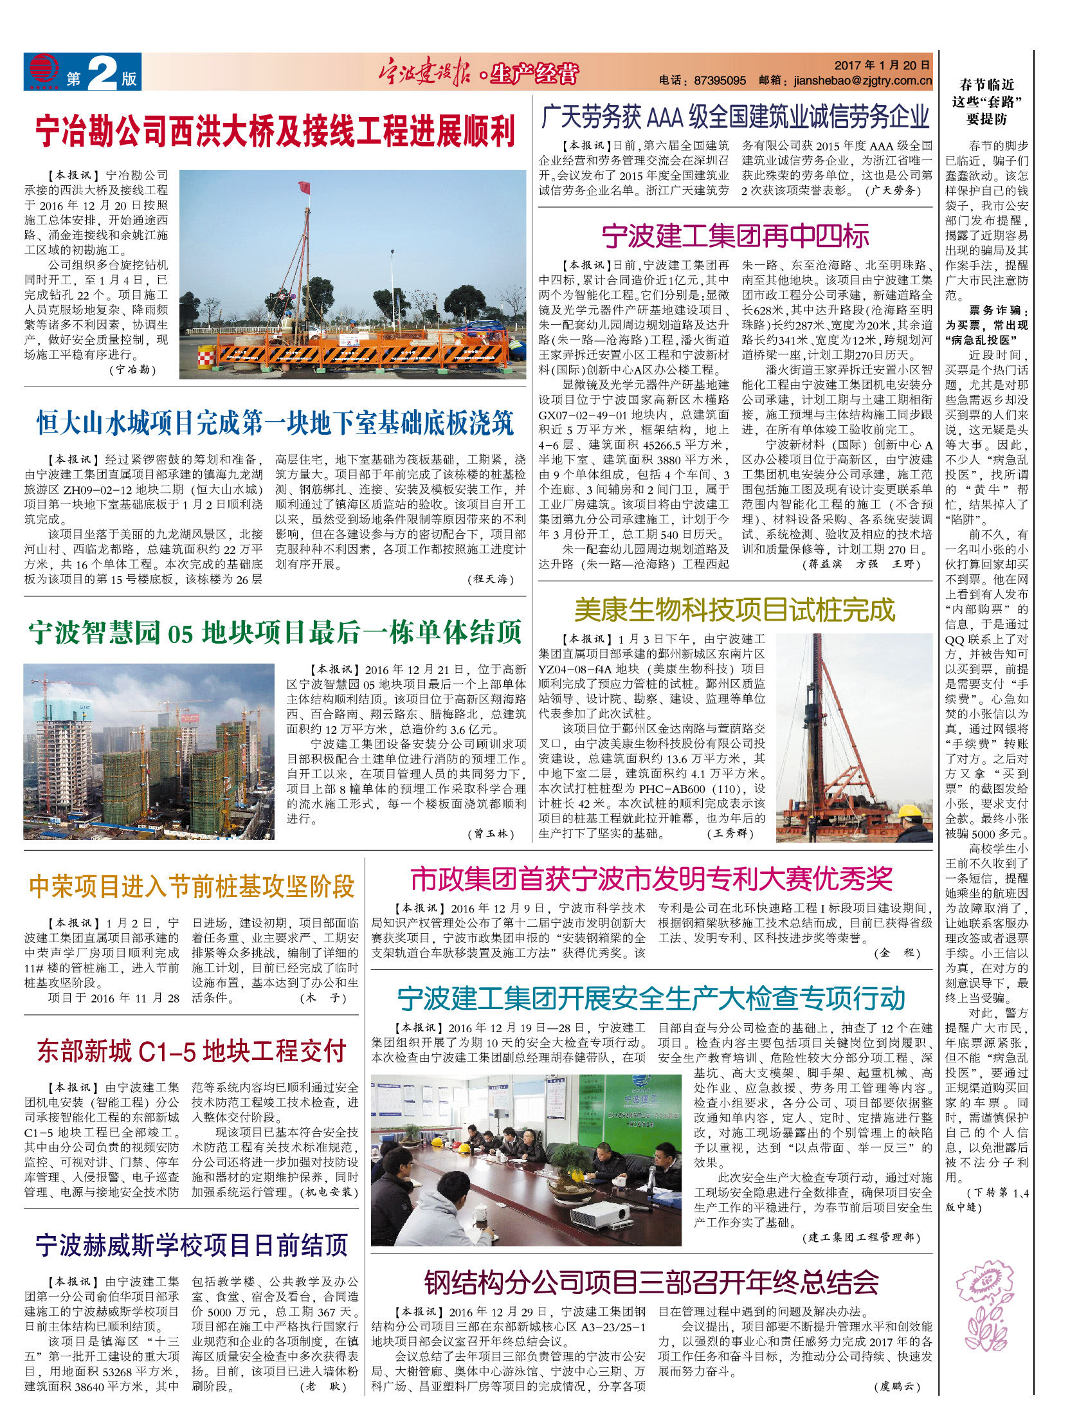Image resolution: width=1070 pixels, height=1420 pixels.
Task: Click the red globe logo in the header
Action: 43,70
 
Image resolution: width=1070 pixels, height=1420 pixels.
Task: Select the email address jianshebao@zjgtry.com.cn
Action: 862,80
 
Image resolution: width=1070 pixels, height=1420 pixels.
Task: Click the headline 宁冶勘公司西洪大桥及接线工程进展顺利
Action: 275,131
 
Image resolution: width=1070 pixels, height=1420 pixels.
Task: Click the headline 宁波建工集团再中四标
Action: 735,236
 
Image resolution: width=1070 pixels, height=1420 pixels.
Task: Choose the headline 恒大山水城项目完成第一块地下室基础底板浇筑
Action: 275,423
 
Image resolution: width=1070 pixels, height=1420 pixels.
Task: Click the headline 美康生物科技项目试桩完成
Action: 734,610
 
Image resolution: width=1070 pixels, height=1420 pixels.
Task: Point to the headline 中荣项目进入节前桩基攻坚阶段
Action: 192,886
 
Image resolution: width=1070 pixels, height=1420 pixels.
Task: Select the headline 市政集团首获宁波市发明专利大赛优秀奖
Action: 651,878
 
